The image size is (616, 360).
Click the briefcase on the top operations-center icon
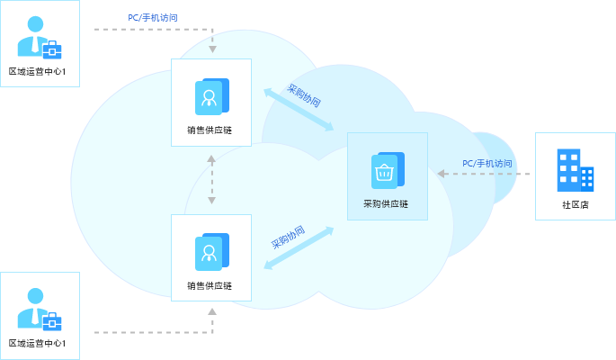[x=51, y=49]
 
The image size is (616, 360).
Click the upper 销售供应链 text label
[x=210, y=130]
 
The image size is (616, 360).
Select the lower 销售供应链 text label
[x=210, y=285]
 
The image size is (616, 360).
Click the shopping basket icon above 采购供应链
[x=386, y=171]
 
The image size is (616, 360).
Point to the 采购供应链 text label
[x=385, y=204]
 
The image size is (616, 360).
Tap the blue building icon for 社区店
[x=575, y=170]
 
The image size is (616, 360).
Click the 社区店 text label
[x=575, y=205]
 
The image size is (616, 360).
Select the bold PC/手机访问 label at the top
[x=159, y=16]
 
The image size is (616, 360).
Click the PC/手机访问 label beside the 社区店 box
[x=487, y=163]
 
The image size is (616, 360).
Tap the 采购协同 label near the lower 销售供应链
[x=288, y=238]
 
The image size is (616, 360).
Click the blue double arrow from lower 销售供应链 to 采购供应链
[x=299, y=247]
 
